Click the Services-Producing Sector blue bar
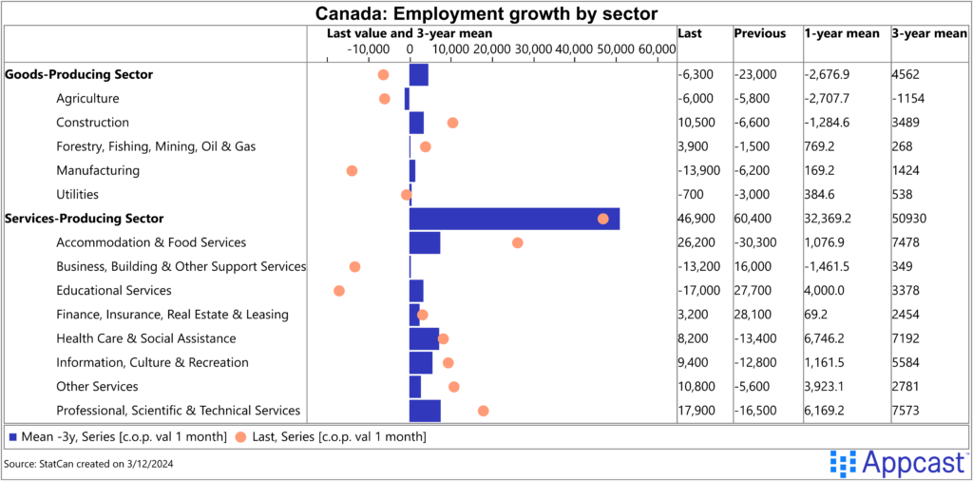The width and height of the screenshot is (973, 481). coord(514,219)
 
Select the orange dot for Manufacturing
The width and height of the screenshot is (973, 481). coord(352,171)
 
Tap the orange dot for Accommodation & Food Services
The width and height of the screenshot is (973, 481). coord(518,242)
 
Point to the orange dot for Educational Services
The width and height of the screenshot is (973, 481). coord(339,291)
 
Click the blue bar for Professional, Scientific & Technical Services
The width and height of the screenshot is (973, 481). coord(425,411)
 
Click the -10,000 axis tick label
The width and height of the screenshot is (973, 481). coord(368,49)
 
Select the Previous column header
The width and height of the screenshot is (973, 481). coord(759,33)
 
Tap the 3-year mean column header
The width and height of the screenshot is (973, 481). coord(928,33)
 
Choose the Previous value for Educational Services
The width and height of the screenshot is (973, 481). coord(753,291)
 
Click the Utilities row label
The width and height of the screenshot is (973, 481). coord(77,195)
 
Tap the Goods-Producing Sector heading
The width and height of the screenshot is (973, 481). coord(79,74)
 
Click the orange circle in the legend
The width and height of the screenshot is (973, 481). coord(239,437)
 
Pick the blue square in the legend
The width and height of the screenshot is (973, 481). coord(12,437)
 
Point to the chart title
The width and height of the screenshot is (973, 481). coord(486,13)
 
